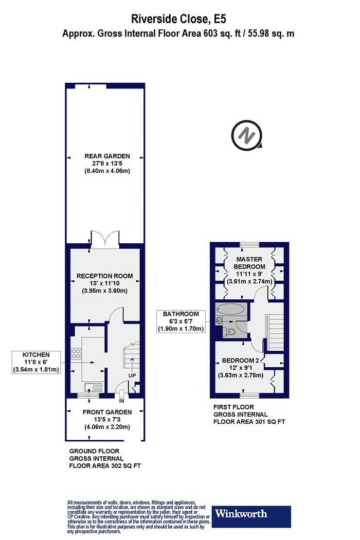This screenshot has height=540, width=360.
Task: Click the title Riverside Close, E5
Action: pyautogui.click(x=178, y=19)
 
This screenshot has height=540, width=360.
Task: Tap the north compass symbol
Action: pyautogui.click(x=247, y=135)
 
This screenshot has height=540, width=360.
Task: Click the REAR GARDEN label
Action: pyautogui.click(x=107, y=156)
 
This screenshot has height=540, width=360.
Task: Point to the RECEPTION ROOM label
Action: pyautogui.click(x=105, y=276)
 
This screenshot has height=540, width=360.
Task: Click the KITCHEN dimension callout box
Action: pyautogui.click(x=36, y=362)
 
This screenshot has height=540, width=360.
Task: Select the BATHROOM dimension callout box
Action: pyautogui.click(x=181, y=321)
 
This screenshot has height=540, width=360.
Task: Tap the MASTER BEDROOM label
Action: pyautogui.click(x=249, y=263)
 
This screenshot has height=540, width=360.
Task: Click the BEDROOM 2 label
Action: pyautogui.click(x=241, y=361)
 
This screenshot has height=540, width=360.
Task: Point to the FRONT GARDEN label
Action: pyautogui.click(x=107, y=412)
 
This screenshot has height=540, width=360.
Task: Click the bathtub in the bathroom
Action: pyautogui.click(x=231, y=309)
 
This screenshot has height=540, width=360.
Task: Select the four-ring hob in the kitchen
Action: pyautogui.click(x=76, y=353)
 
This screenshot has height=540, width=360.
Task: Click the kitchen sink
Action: pyautogui.click(x=93, y=387)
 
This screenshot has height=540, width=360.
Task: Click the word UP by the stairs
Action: pyautogui.click(x=132, y=375)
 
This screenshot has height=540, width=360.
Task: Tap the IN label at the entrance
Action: pyautogui.click(x=121, y=401)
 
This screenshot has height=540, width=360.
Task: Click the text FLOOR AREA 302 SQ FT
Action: pyautogui.click(x=105, y=466)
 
